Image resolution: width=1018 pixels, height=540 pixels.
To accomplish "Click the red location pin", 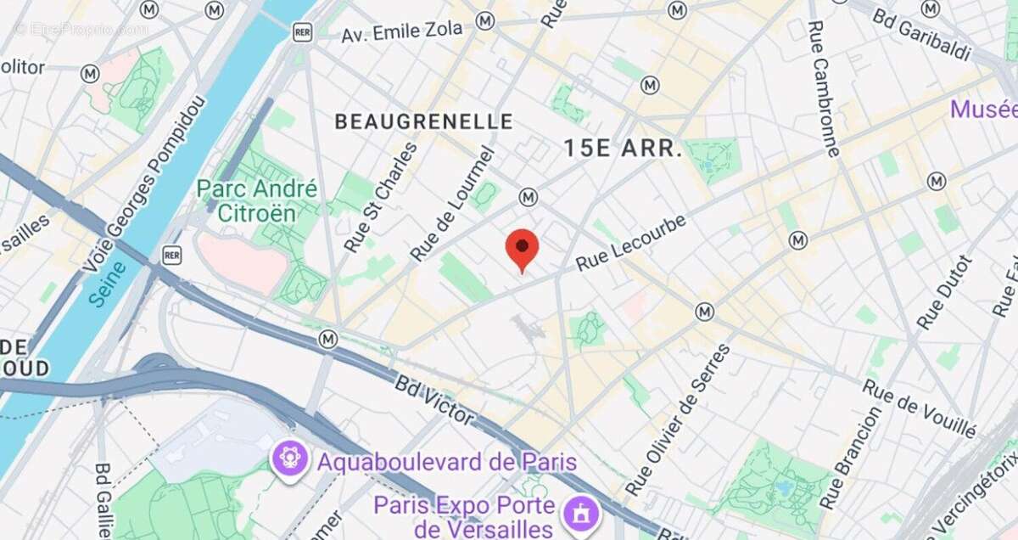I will tap(522, 249).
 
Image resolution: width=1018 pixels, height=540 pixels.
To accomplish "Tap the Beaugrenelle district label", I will tap(423, 121).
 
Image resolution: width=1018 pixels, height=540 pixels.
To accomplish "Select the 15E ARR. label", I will tap(623, 149).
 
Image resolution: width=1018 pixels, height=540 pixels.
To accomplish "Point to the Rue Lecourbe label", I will tap(630, 244).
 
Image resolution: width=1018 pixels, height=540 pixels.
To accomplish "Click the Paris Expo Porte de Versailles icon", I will tap(581, 513).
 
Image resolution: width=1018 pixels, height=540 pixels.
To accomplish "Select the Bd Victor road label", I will tap(433, 397).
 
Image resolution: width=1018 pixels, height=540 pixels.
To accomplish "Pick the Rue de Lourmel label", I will tap(452, 205).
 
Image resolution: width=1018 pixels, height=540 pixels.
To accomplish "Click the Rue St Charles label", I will tap(381, 197).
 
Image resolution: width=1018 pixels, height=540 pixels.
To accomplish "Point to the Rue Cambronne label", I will tap(823, 88).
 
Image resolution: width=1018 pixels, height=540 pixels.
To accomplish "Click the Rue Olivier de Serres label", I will tap(677, 420).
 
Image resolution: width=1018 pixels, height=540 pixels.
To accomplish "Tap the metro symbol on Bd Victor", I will tap(328, 340).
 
